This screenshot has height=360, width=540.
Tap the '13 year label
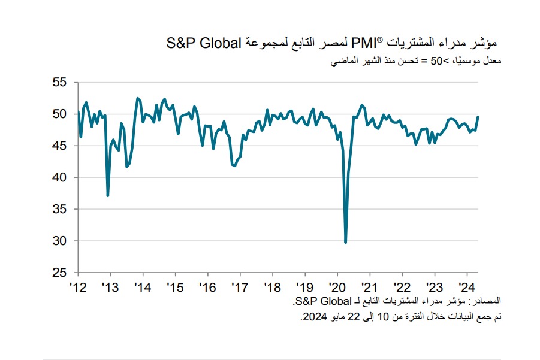(109, 286)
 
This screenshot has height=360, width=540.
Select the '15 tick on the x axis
(174, 286)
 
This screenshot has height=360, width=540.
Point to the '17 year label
(239, 286)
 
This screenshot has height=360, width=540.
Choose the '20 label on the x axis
(337, 286)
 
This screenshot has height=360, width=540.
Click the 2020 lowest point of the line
(345, 242)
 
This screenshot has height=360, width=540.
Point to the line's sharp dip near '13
(108, 195)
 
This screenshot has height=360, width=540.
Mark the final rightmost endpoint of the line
(478, 116)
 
